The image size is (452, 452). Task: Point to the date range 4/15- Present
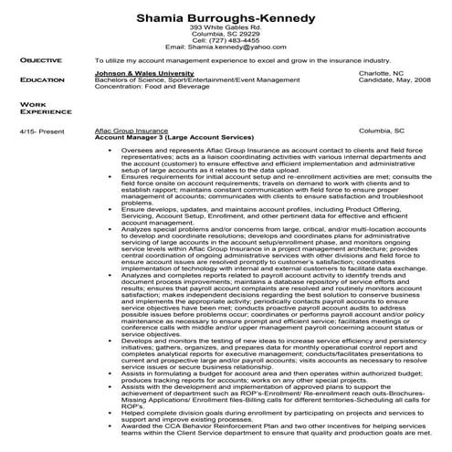point(38,131)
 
